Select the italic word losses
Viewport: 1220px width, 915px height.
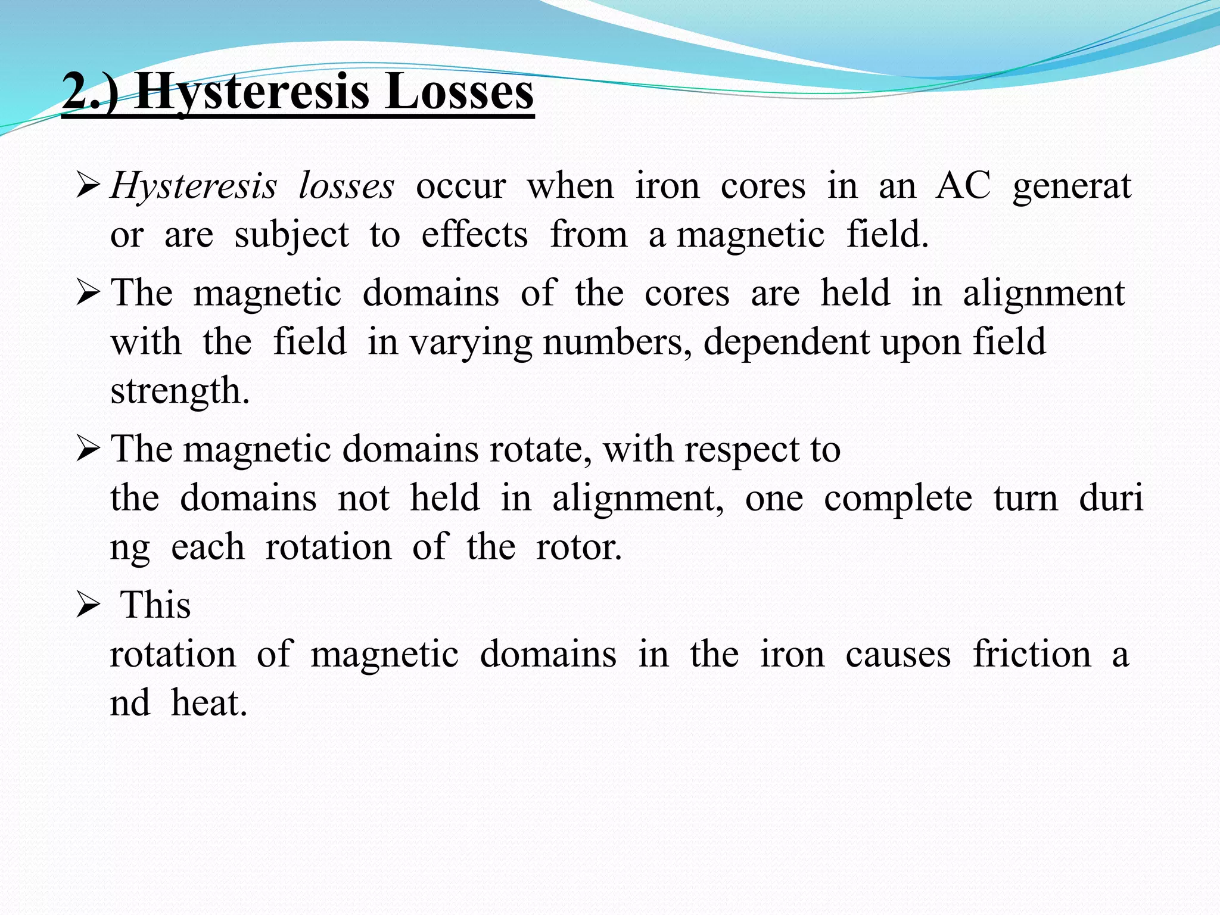(x=346, y=186)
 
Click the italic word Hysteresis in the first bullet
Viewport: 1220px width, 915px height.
(x=194, y=186)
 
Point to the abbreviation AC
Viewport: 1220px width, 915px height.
(x=963, y=186)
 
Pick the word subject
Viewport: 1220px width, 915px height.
(x=291, y=235)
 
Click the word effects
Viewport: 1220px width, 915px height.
(x=474, y=235)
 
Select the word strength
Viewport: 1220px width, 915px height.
(x=180, y=391)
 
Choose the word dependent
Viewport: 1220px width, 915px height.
(x=787, y=343)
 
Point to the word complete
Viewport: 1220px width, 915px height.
(x=898, y=499)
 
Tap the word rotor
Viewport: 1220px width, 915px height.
(x=578, y=547)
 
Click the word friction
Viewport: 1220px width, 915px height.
(x=1032, y=655)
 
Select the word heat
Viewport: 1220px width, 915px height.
(x=209, y=704)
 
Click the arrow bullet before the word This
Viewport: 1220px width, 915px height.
(x=88, y=606)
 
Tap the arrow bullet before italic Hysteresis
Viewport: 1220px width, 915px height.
(x=88, y=187)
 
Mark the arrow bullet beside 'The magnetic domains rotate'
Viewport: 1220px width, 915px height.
(x=88, y=450)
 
